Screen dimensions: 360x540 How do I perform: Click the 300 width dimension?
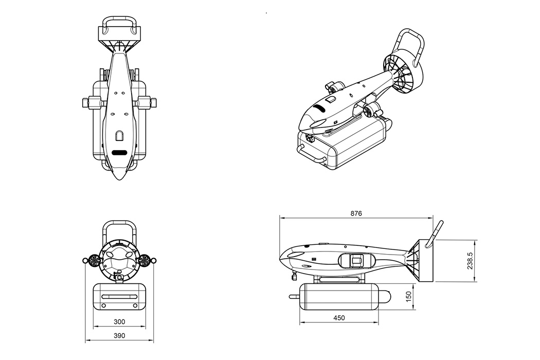tap(119, 321)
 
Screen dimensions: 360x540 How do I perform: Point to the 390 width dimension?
tap(119, 335)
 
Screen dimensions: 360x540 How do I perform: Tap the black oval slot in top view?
tap(119, 152)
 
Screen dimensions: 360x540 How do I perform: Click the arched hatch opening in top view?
tap(119, 135)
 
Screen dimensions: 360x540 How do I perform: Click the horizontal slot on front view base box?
tap(119, 297)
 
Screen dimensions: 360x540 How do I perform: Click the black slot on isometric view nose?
tap(319, 109)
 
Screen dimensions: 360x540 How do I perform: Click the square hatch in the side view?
tap(356, 261)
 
